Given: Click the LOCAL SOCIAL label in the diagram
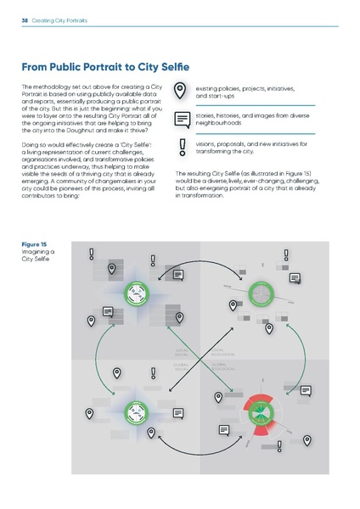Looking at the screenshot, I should [x=182, y=351].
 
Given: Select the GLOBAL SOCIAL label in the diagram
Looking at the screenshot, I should [x=182, y=366].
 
